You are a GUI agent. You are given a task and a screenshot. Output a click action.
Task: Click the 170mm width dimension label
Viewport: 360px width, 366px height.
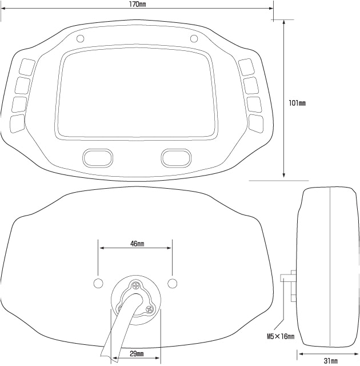coord(138,4)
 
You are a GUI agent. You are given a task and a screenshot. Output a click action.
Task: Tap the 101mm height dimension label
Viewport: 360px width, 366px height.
coord(297,103)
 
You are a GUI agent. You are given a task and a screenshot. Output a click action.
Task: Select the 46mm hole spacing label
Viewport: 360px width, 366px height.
coord(137,244)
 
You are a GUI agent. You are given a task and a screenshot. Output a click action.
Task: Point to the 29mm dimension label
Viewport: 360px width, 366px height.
coord(137,354)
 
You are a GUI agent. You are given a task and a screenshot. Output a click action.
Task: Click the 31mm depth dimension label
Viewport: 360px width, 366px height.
coord(331,361)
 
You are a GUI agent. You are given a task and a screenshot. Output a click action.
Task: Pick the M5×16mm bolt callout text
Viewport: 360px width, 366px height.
coord(281,336)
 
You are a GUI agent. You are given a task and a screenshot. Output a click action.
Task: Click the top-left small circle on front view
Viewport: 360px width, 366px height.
coord(80,38)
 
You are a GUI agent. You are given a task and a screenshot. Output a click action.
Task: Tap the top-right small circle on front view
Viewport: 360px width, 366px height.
coord(194,38)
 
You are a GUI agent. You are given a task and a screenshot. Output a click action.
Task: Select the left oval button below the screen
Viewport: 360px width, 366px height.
coord(98,158)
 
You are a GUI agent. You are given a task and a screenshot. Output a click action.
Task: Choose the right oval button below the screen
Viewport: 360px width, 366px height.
coord(176,158)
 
